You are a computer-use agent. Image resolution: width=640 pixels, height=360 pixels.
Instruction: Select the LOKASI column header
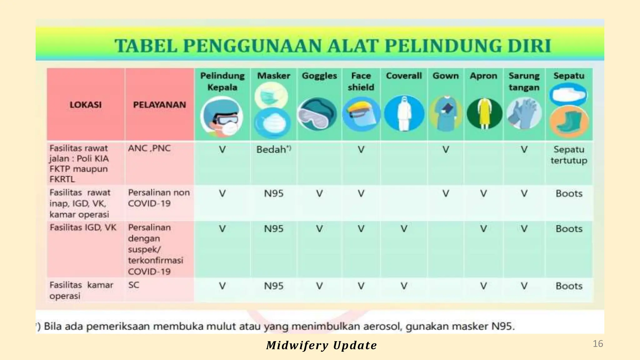(x=85, y=105)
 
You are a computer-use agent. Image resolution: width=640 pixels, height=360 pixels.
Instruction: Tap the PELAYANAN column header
(x=159, y=105)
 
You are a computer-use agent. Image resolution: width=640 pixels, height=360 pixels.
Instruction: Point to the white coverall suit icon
(x=404, y=113)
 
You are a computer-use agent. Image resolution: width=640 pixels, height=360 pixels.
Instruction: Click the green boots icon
(x=569, y=123)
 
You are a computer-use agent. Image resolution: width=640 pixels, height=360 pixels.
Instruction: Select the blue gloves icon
(x=524, y=113)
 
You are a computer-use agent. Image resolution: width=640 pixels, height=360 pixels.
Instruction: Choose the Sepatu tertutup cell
(x=569, y=155)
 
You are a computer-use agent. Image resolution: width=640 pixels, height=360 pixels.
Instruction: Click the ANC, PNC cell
(x=149, y=148)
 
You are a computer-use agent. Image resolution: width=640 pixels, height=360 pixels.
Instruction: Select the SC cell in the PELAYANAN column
(x=134, y=285)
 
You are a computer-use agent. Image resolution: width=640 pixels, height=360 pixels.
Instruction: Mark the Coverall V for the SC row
(x=404, y=286)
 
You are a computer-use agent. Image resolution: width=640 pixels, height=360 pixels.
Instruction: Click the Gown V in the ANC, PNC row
(x=446, y=150)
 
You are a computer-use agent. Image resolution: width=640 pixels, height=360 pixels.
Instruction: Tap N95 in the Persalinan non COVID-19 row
(x=273, y=194)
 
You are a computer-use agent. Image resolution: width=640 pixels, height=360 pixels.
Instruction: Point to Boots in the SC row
(x=569, y=286)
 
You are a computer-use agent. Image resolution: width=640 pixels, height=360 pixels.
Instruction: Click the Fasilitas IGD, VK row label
(x=83, y=227)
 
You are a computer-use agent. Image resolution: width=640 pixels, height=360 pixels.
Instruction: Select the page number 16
(x=598, y=344)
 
